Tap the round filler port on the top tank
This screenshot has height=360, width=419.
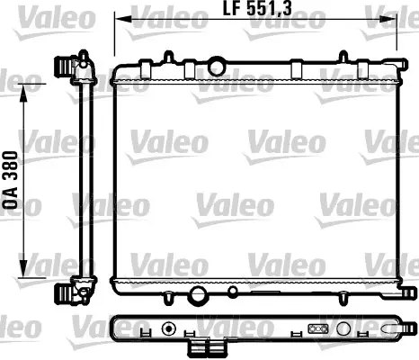(217, 65)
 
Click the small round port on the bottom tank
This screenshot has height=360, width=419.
(233, 291)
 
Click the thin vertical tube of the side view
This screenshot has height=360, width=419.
(85, 180)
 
